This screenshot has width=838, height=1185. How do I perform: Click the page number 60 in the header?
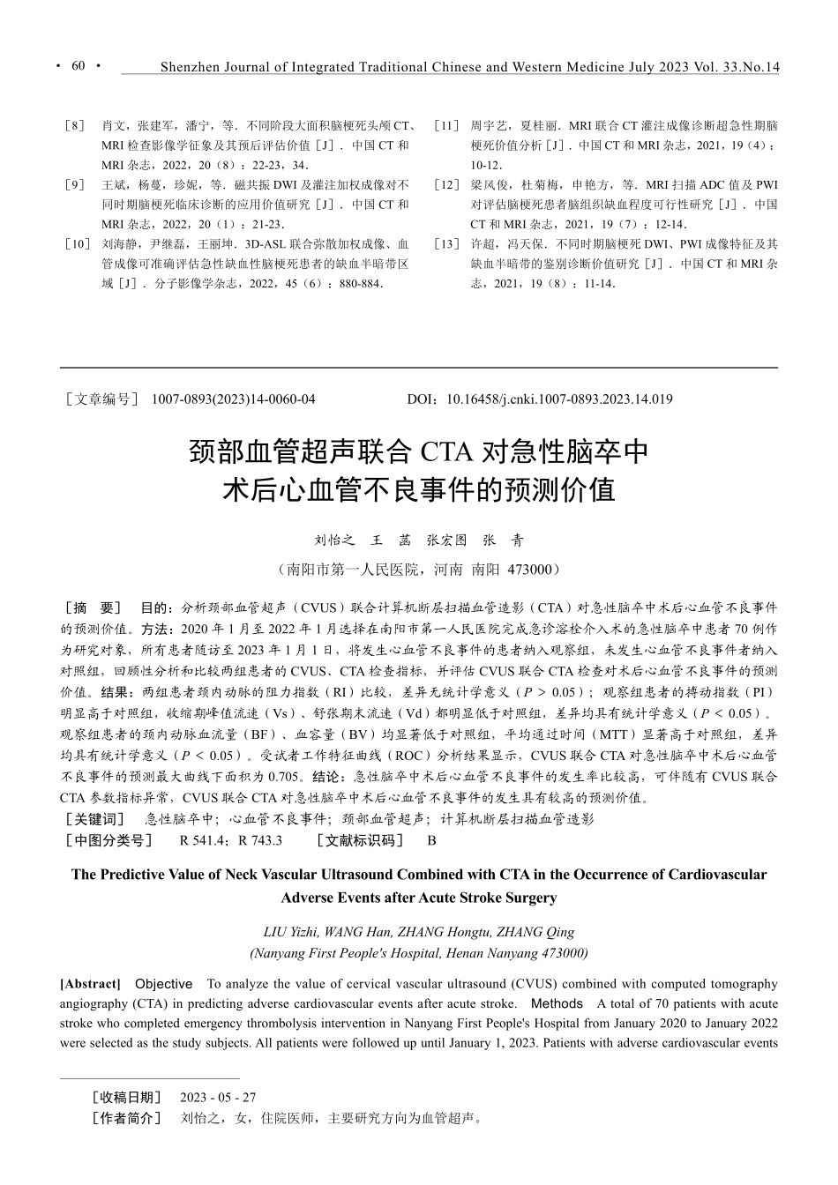pyautogui.click(x=78, y=66)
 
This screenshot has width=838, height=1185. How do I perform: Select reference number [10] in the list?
pyautogui.click(x=76, y=244)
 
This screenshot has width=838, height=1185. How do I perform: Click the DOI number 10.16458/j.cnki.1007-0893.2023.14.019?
pyautogui.click(x=559, y=399)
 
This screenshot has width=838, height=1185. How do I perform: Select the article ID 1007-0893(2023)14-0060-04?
pyautogui.click(x=233, y=399)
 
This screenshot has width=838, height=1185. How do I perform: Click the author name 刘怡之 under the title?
pyautogui.click(x=334, y=540)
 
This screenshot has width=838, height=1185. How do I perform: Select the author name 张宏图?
pyautogui.click(x=446, y=540)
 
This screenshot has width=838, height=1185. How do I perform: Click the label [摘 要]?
pyautogui.click(x=93, y=608)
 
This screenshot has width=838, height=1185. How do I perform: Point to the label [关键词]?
pyautogui.click(x=95, y=819)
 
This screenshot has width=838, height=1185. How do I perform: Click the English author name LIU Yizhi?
pyautogui.click(x=290, y=932)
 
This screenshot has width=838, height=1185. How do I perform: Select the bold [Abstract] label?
pyautogui.click(x=90, y=984)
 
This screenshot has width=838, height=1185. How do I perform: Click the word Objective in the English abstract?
pyautogui.click(x=163, y=984)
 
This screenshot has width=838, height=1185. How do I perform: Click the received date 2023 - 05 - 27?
pyautogui.click(x=217, y=1098)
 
